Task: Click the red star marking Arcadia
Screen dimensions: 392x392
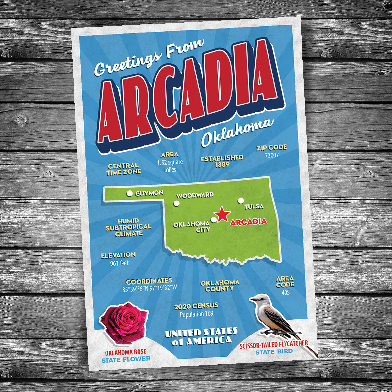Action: (222, 214)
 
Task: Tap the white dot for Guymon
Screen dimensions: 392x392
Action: (130, 194)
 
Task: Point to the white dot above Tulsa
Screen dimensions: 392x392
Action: (241, 200)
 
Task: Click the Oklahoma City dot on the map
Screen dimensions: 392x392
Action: (214, 220)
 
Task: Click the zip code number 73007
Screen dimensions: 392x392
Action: (271, 155)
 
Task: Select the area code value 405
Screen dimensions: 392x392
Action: (286, 292)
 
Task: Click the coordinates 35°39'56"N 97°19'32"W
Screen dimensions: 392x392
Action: (150, 288)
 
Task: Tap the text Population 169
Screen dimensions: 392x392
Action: (196, 314)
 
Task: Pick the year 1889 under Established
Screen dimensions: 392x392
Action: (222, 165)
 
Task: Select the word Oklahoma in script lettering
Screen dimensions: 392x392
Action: (237, 132)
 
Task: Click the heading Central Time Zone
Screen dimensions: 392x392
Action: (123, 169)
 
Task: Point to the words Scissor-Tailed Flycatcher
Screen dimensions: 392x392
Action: (274, 345)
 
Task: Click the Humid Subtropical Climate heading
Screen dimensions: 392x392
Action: (129, 227)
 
